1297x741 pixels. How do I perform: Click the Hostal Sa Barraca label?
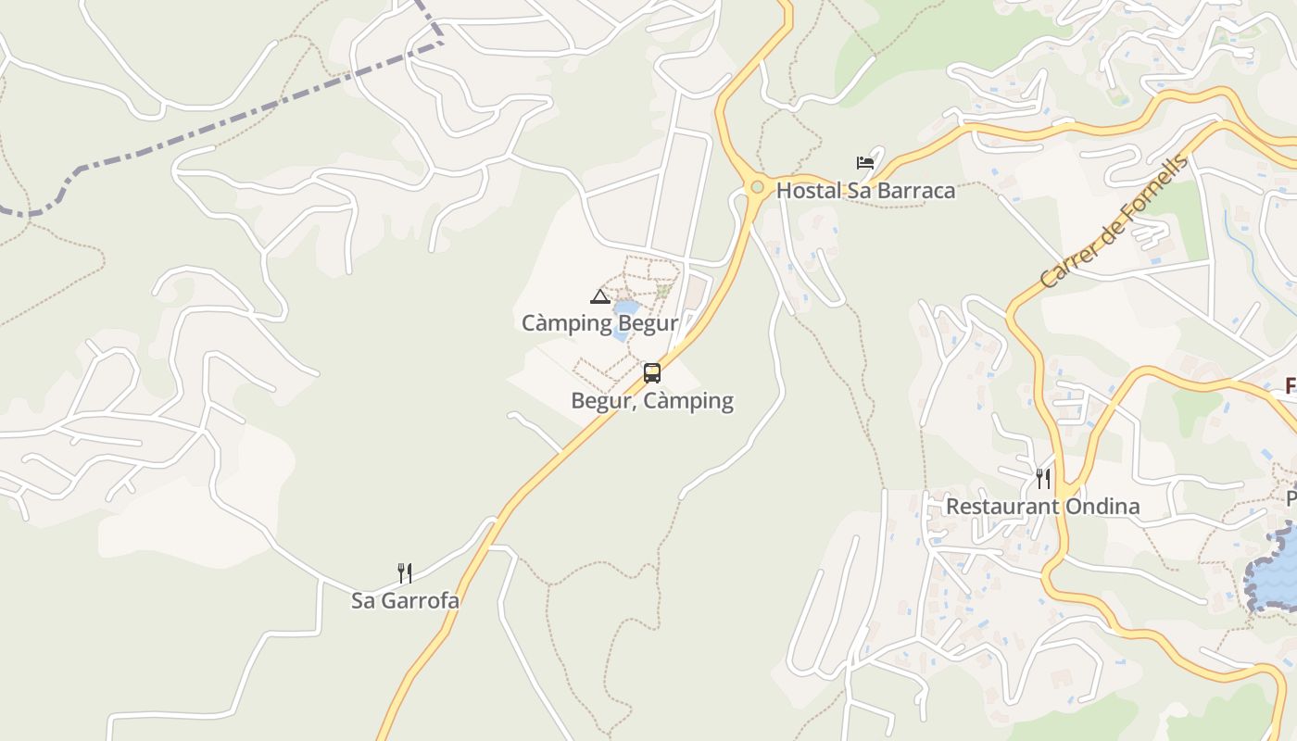point(865,191)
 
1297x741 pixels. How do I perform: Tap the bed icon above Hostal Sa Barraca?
point(865,163)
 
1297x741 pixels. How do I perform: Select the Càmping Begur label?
point(599,323)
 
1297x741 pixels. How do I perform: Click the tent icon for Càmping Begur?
point(599,296)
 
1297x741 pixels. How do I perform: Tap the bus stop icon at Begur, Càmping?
point(652,373)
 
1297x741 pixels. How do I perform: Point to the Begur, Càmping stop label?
point(652,401)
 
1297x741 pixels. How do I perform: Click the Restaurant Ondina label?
point(1042,507)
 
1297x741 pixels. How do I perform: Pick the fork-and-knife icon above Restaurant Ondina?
point(1043,478)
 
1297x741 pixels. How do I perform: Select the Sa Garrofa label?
point(405,600)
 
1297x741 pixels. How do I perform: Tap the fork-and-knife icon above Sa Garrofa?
point(405,572)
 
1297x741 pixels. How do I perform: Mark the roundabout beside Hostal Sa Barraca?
point(757,187)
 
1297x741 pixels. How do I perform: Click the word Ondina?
point(1106,507)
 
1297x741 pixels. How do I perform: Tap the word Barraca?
point(915,191)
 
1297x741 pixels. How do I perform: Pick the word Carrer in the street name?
point(1064,265)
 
